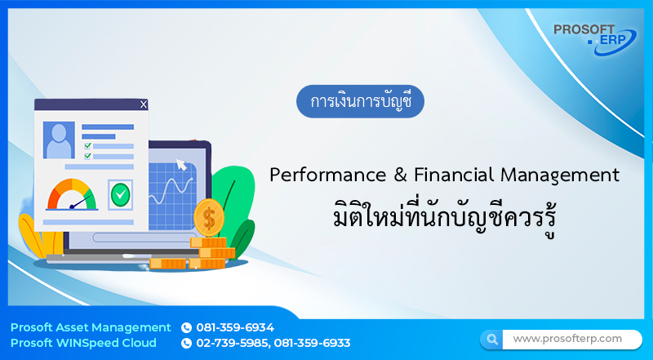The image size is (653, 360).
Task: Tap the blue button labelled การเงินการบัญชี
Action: [x=360, y=102]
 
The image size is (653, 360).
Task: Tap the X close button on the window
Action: [x=144, y=104]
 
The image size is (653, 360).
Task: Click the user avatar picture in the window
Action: [x=60, y=140]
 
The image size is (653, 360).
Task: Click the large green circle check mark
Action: [x=120, y=194]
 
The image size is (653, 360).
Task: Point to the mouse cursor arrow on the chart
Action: [x=181, y=165]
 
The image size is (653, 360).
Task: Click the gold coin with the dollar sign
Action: [x=209, y=218]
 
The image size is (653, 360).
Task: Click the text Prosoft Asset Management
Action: [x=91, y=327]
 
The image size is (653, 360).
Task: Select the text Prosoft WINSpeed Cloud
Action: [x=84, y=343]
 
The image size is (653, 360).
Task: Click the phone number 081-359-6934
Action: [x=235, y=327]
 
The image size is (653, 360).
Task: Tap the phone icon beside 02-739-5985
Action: [x=186, y=343]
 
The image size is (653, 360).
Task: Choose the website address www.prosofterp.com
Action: [x=567, y=338]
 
